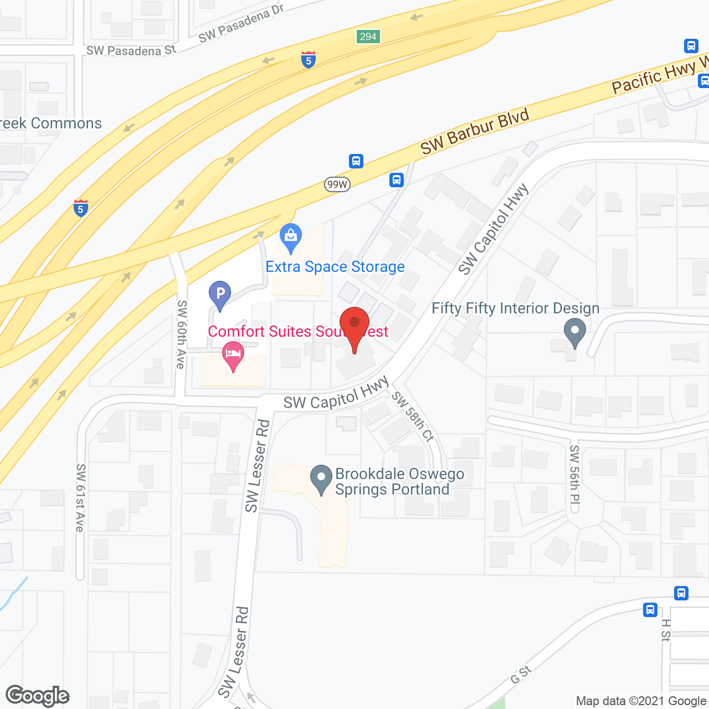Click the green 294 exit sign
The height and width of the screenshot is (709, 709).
368,37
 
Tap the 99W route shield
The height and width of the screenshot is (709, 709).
337,184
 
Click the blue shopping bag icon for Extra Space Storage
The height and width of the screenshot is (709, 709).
291,238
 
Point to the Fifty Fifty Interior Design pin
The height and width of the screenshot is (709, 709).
575,332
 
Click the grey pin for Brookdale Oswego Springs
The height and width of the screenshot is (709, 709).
321,480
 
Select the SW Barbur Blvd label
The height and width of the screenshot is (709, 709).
475,131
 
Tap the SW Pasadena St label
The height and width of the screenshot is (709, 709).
131,51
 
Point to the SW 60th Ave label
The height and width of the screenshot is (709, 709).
181,335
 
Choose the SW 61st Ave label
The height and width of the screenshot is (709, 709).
80,497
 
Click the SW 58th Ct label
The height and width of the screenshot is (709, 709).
413,416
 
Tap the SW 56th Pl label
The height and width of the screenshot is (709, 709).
574,479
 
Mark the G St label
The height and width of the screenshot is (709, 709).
521,675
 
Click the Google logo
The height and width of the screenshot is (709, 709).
38,696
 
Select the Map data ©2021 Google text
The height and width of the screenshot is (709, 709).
641,701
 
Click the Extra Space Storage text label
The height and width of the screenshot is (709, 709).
335,267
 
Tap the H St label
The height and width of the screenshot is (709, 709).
666,630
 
